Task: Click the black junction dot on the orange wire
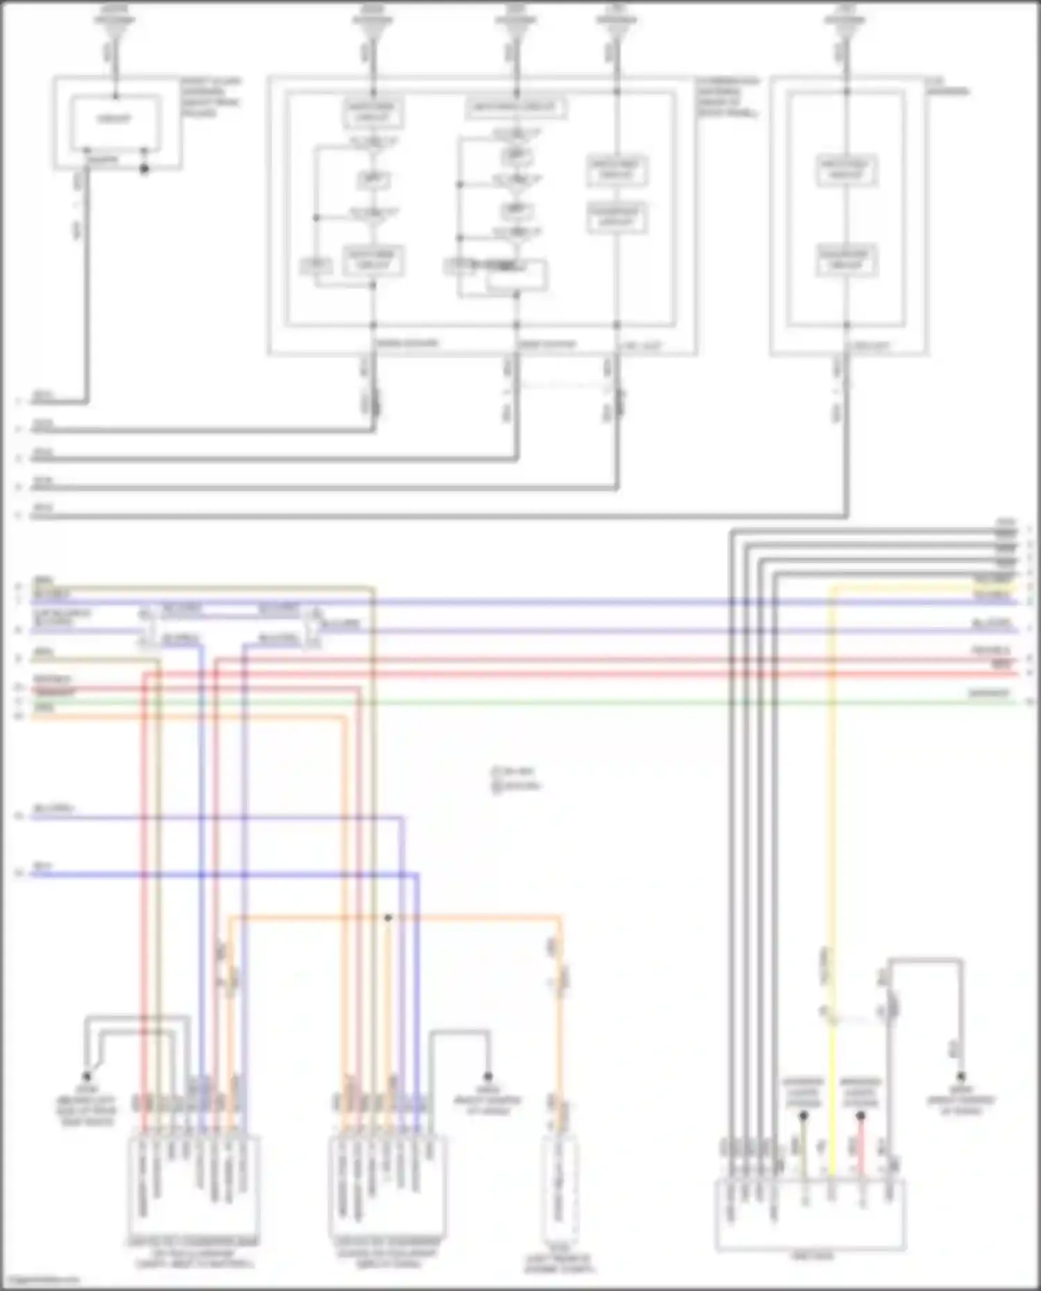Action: click(388, 918)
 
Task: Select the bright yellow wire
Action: click(832, 832)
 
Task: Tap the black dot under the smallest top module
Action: click(144, 169)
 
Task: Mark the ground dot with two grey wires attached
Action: click(87, 1077)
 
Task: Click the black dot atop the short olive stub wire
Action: click(803, 1116)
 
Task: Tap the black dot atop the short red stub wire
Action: click(861, 1116)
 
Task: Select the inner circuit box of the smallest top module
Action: click(115, 119)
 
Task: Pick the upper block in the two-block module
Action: click(846, 170)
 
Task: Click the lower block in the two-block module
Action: click(846, 260)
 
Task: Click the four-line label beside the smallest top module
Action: click(211, 96)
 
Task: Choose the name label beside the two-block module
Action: click(948, 86)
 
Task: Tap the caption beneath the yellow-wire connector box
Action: click(813, 1256)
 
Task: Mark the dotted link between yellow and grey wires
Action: click(858, 1018)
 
